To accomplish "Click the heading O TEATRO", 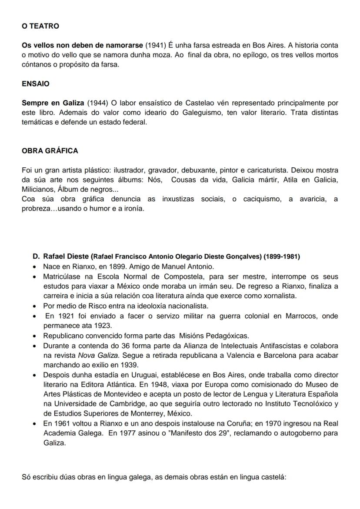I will (x=40, y=26).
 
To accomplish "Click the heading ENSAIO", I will (x=35, y=83).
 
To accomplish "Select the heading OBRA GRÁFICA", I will (x=50, y=151).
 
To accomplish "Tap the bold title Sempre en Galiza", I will (x=53, y=103).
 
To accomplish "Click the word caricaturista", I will (x=266, y=170).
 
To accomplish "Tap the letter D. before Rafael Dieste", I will (x=36, y=256).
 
